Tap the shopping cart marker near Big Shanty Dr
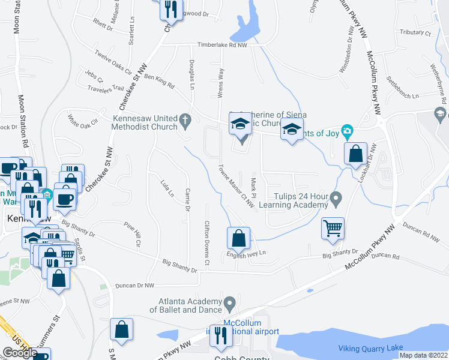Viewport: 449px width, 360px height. tap(333, 228)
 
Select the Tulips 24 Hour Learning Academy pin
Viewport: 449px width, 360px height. tap(336, 197)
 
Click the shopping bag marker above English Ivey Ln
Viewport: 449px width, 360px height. tap(238, 238)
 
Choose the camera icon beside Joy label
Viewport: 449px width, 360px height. tap(346, 131)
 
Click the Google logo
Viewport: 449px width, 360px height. tap(20, 353)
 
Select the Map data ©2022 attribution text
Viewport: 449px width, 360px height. tap(423, 355)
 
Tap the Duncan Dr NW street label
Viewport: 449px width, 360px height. tap(135, 286)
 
